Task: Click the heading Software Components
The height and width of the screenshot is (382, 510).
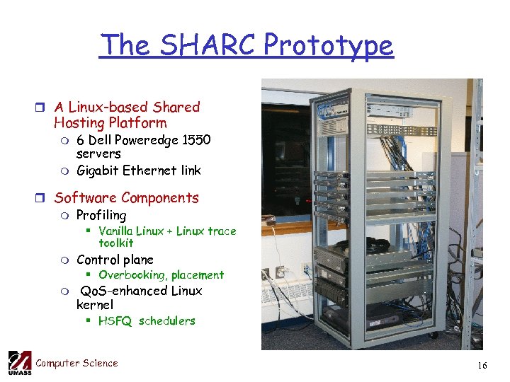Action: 126,198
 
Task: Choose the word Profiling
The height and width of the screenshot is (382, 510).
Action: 101,215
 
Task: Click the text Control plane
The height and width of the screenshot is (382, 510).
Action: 115,260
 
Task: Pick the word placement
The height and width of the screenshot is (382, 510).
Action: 197,275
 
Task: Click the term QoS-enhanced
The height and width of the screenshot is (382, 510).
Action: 117,291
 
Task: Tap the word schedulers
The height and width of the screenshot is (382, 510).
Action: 167,321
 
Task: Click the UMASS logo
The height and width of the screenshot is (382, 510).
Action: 20,363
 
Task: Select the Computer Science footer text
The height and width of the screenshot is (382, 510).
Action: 76,364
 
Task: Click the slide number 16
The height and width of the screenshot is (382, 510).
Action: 482,366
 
